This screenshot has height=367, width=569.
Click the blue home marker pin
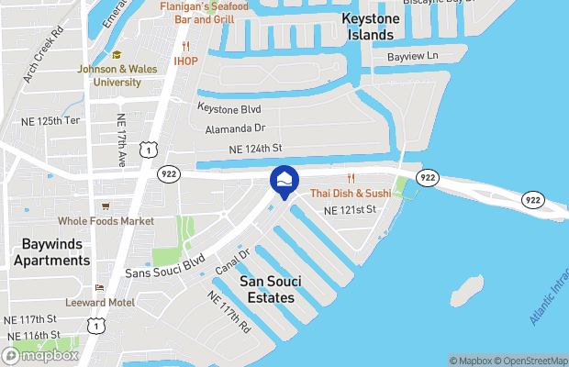284,180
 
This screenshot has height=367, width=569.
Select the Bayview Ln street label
414,57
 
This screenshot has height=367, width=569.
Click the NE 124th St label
254,149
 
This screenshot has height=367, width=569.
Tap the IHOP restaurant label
186,61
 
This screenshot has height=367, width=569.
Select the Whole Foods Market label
106,221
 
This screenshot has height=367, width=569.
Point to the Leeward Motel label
100,302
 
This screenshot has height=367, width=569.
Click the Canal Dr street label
233,261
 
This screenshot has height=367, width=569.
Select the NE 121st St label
351,210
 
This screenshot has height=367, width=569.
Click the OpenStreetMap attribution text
529,360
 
